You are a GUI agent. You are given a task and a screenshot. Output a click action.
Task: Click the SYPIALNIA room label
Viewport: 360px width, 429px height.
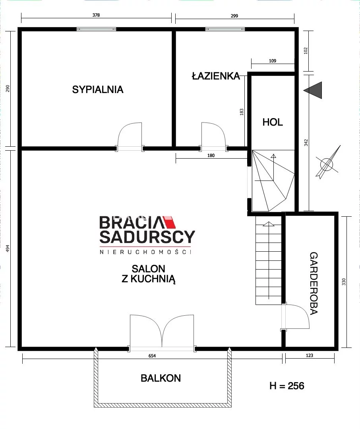click(98, 89)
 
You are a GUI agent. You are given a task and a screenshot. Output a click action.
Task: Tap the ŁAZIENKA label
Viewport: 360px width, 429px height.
click(216, 76)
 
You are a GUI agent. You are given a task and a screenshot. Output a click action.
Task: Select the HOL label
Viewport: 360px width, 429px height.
click(273, 122)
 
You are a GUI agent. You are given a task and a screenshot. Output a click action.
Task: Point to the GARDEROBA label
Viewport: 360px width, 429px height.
click(314, 283)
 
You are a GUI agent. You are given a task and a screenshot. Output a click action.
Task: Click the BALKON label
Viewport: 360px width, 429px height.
click(161, 378)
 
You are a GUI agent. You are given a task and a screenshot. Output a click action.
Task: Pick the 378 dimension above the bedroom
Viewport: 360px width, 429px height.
click(96, 16)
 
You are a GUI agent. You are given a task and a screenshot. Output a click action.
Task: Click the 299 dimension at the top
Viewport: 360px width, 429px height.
click(234, 16)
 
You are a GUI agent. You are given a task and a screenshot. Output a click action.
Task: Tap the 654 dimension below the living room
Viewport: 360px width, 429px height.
click(152, 356)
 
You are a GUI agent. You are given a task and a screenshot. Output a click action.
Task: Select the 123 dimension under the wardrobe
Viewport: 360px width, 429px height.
click(310, 355)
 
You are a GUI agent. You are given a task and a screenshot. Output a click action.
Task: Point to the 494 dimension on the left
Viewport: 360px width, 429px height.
click(8, 248)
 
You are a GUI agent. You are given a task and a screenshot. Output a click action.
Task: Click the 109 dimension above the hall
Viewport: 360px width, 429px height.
click(273, 61)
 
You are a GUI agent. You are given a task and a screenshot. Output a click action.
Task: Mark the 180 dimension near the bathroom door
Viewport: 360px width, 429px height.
click(211, 155)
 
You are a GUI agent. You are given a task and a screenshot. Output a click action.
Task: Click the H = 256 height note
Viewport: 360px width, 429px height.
click(287, 386)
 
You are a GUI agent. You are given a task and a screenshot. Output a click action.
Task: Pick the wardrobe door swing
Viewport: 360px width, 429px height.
click(297, 316)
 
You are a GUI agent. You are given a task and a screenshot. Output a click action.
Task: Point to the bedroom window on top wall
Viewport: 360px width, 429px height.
click(96, 29)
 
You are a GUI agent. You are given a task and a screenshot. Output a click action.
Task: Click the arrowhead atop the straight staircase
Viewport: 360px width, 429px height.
click(269, 224)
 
